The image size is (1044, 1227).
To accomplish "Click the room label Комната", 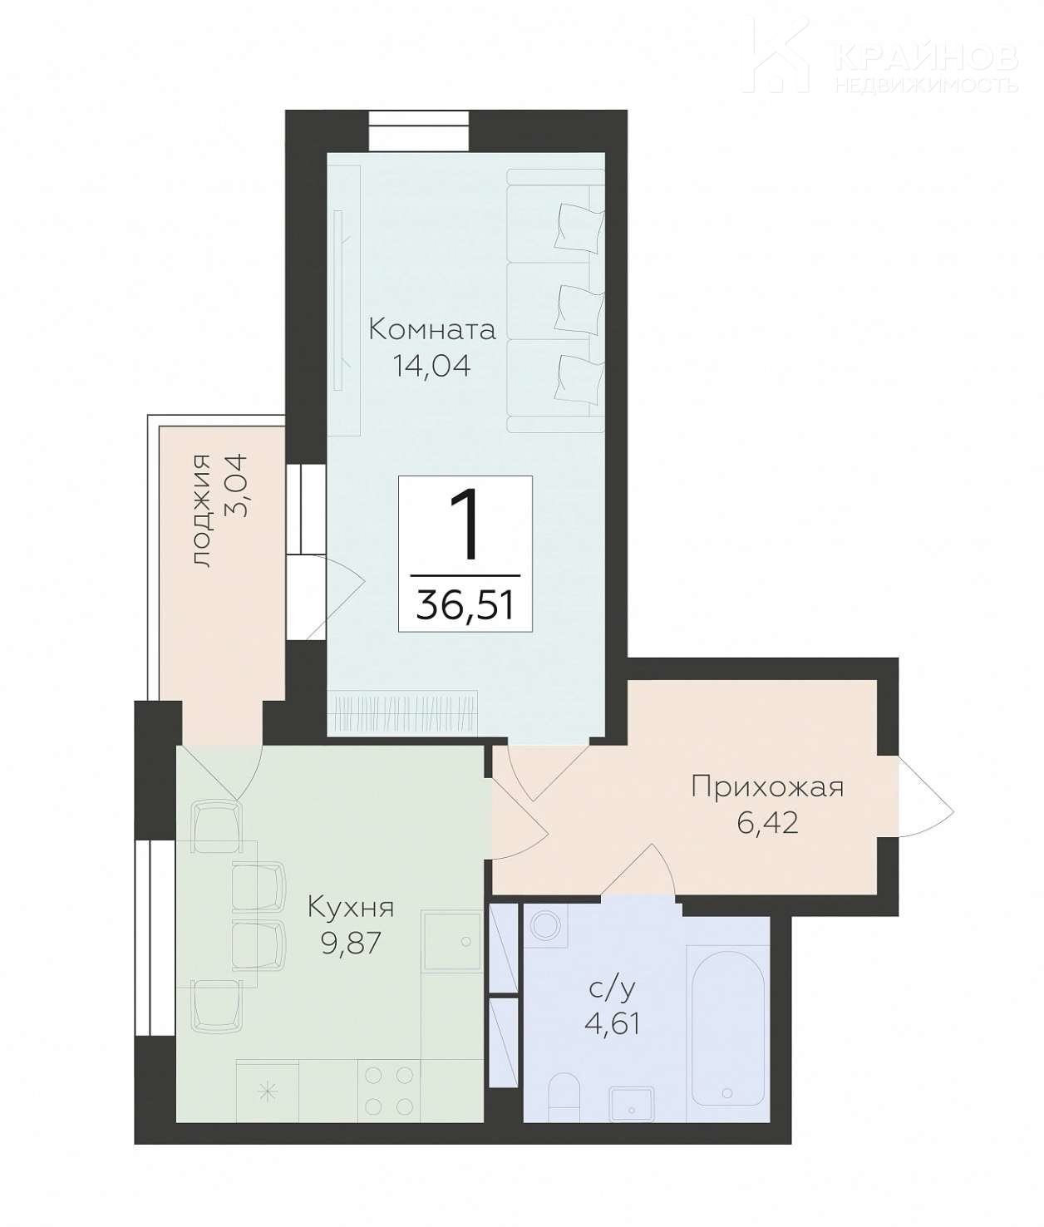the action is pos(431,329).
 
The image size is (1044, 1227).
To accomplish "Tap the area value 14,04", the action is pos(431,367).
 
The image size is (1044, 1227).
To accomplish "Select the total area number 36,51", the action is pos(465,605).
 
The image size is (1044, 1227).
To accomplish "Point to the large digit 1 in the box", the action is pos(465,526).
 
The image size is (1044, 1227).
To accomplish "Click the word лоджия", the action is pos(202,510).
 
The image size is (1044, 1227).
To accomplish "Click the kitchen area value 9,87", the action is pos(350,944).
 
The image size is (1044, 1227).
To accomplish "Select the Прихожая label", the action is pos(767,789).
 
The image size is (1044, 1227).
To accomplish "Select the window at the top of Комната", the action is pos(419,131).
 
